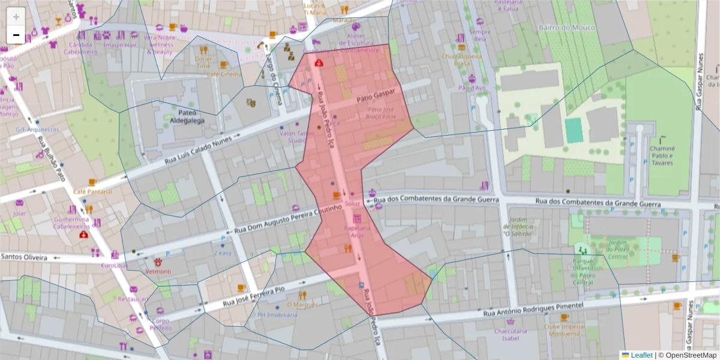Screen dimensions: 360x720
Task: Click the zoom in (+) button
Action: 16,17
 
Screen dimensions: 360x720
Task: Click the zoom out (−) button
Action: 16,35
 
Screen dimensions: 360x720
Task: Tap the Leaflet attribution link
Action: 641,355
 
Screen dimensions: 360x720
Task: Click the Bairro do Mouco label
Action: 566,28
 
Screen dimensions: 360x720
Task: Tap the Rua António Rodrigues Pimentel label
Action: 533,310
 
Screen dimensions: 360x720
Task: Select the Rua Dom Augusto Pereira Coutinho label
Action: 287,218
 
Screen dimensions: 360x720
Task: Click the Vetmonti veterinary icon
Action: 158,262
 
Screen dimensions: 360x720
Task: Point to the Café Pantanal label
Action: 92,191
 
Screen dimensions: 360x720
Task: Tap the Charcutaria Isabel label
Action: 510,334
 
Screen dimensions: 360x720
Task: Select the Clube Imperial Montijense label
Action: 564,331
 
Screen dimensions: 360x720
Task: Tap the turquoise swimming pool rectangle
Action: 574,130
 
